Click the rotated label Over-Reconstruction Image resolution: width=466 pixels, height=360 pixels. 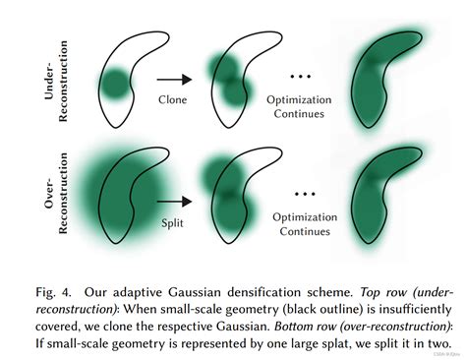(x=33, y=197)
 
